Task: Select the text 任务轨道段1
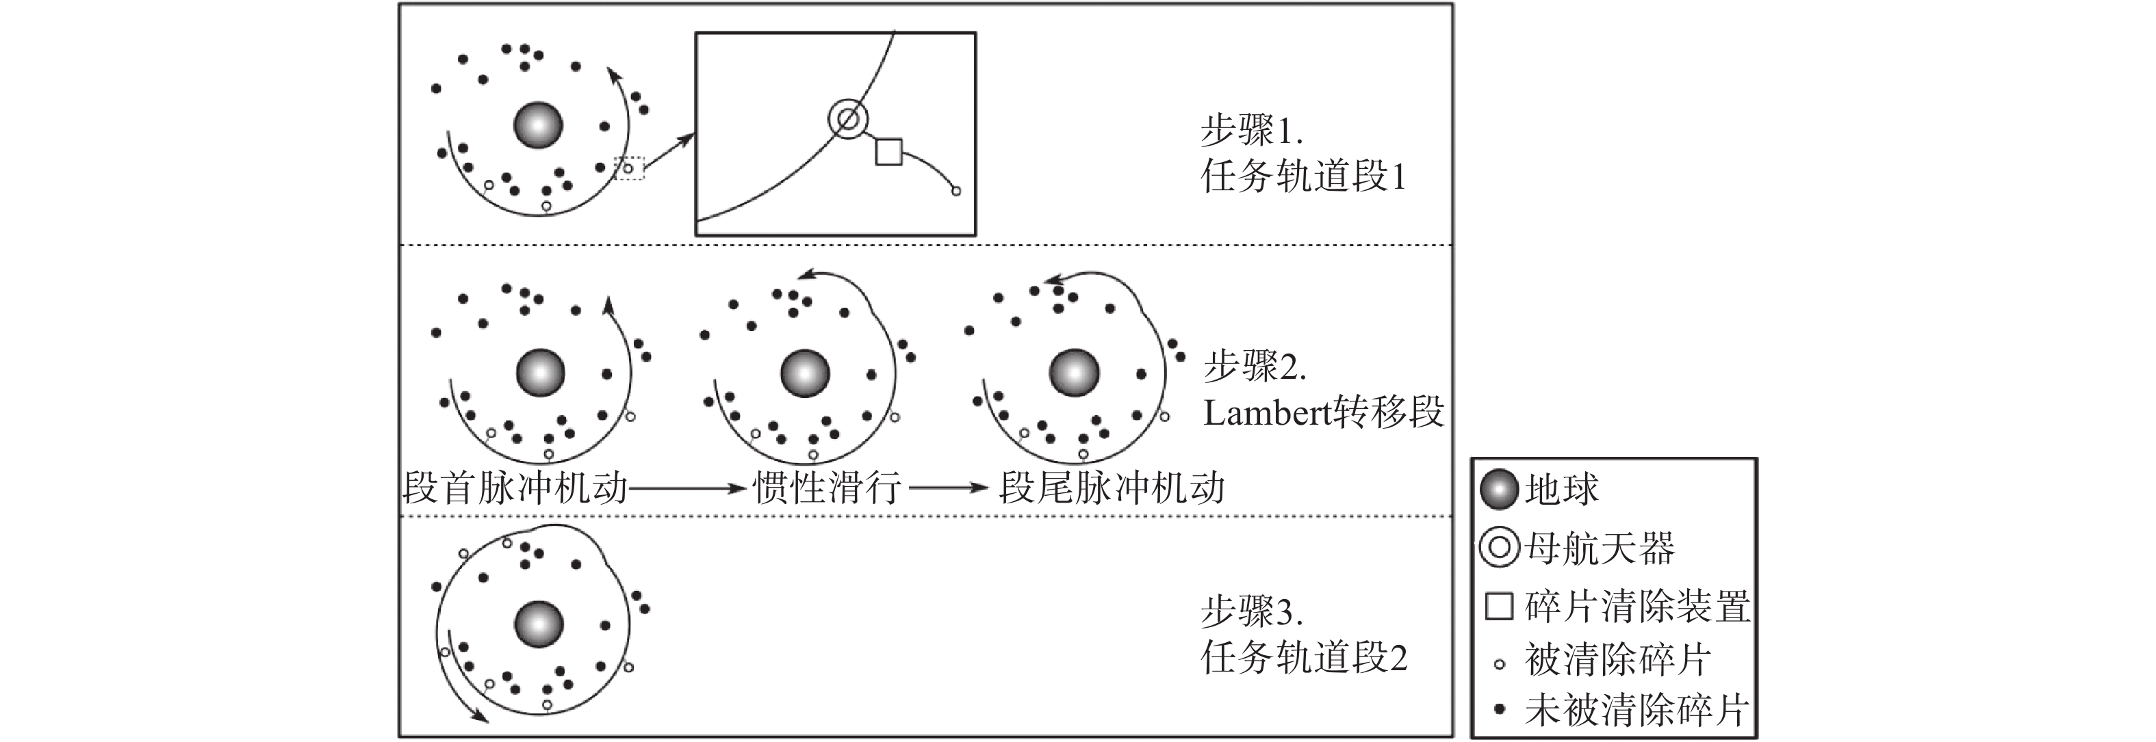[1304, 176]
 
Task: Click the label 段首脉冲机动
[515, 487]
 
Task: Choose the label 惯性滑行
[827, 487]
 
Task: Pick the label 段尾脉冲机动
[1112, 487]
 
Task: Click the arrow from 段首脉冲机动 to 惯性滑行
[687, 487]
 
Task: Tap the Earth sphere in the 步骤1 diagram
[537, 125]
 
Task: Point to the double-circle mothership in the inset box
[848, 120]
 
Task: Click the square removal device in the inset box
[888, 151]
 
